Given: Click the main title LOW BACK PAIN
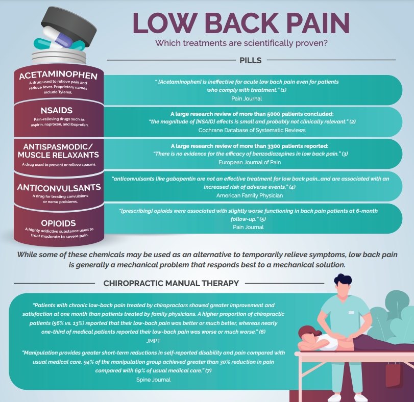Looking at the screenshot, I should tap(241, 22).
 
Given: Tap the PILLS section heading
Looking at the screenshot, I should tap(250, 60).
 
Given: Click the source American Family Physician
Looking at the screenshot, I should tap(250, 195).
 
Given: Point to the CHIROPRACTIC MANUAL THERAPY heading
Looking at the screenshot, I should tap(171, 283).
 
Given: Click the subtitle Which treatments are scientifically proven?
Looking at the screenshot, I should tap(241, 43).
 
